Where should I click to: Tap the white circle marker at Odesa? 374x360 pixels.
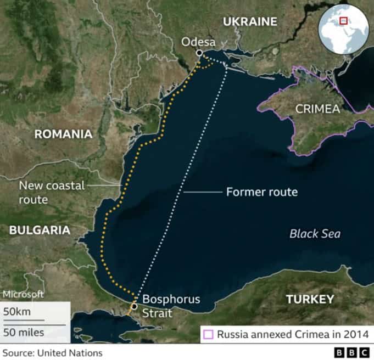click(199, 53)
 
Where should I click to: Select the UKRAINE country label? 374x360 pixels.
click(249, 21)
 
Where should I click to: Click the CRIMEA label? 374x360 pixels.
click(317, 109)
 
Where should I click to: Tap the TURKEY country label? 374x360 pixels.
click(310, 299)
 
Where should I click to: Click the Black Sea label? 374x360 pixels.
click(315, 234)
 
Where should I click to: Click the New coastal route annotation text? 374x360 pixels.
click(52, 193)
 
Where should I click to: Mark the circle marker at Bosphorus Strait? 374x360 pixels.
click(134, 306)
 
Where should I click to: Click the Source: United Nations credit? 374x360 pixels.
click(52, 352)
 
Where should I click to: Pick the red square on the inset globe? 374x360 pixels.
click(344, 21)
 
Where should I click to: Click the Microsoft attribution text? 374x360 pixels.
click(23, 294)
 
